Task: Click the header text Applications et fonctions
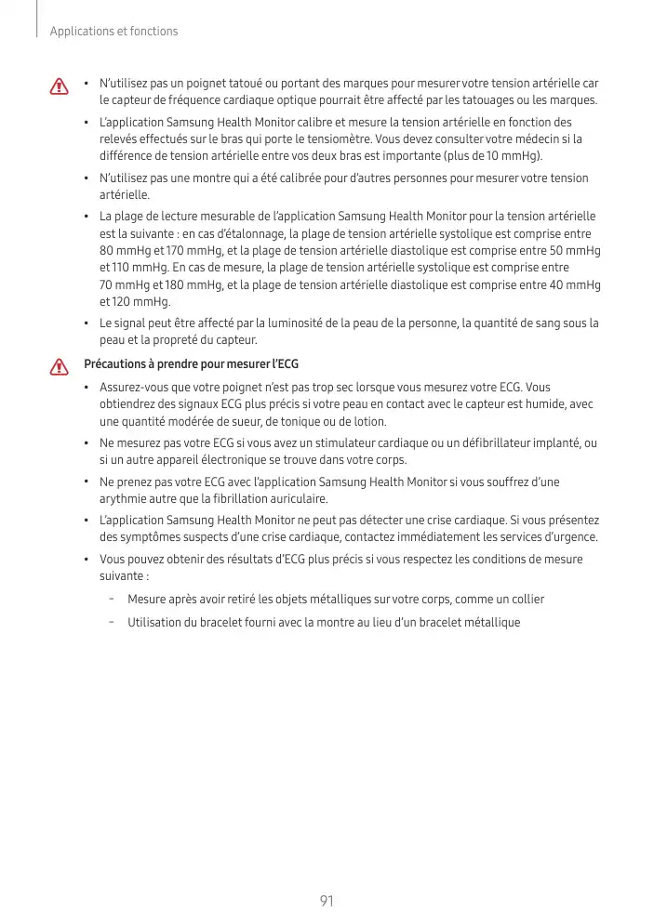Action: coord(113,32)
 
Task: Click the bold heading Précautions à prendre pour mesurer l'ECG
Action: coord(191,363)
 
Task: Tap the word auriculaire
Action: coord(300,498)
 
